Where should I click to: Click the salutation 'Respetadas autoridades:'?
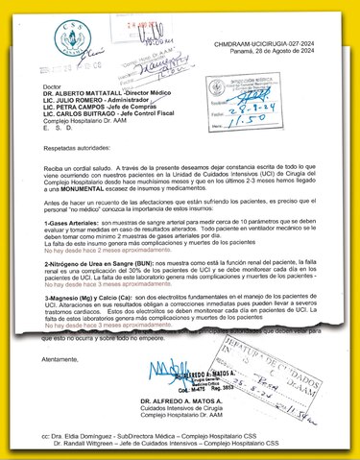(x=73, y=151)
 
